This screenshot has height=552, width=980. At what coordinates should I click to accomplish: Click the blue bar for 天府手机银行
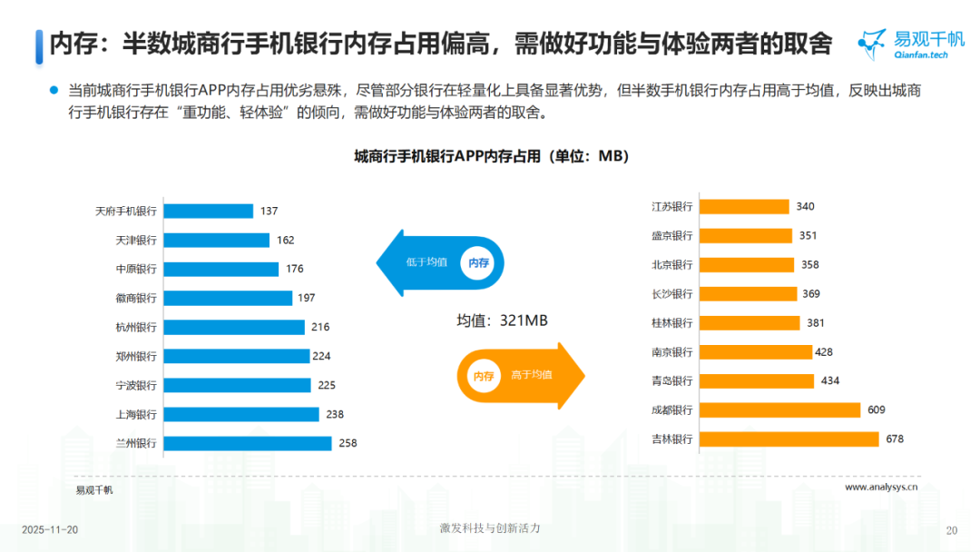tap(208, 211)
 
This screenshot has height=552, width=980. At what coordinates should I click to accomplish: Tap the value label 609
tap(876, 410)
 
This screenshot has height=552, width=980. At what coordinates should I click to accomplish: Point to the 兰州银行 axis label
tap(136, 443)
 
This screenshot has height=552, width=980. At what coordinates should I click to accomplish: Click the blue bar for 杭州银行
tap(233, 327)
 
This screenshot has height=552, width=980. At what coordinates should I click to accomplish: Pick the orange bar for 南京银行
tap(755, 352)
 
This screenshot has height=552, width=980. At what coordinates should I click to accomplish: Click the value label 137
tap(269, 211)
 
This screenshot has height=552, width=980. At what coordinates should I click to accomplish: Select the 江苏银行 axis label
tap(672, 206)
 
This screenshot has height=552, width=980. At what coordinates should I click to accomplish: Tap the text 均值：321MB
tap(502, 320)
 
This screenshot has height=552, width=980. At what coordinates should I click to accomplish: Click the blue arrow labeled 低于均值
tap(440, 262)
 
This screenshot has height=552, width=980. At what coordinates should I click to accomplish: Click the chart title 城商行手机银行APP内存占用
tap(491, 157)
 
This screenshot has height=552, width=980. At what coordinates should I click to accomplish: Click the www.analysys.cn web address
tap(881, 487)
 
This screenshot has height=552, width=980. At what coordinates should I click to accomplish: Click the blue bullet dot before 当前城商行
tap(54, 91)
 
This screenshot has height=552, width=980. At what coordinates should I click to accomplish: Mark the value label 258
tap(348, 443)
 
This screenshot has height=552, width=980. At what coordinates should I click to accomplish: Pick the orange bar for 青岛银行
tap(756, 381)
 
